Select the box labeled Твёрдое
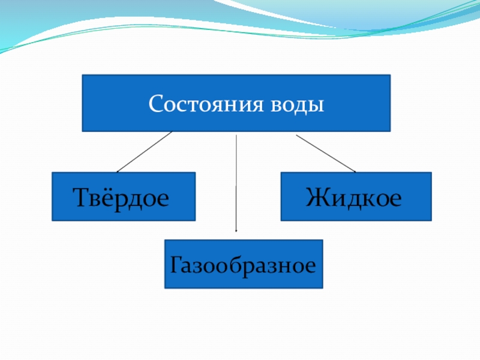[x=124, y=196]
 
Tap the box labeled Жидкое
[x=356, y=196]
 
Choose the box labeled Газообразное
[x=244, y=264]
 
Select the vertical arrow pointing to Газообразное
[x=236, y=180]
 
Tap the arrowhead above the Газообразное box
[x=236, y=230]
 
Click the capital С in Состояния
[x=155, y=104]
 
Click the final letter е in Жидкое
[x=394, y=197]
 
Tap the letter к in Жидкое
[x=364, y=197]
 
